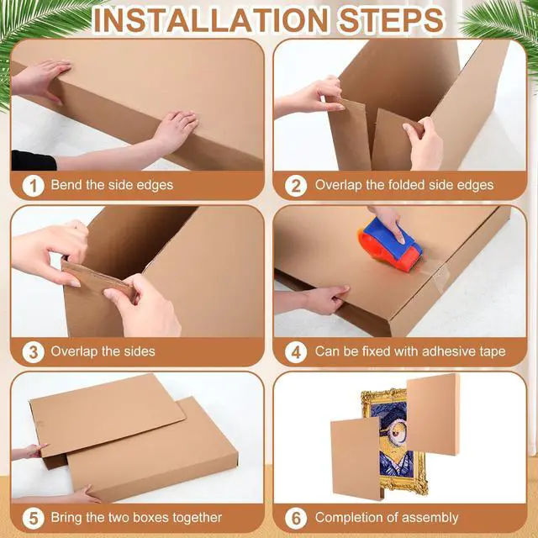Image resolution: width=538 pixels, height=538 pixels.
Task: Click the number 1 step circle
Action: tap(34, 186)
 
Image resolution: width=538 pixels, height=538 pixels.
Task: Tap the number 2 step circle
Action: tap(296, 186)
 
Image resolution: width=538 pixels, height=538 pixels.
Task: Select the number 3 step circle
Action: tap(34, 352)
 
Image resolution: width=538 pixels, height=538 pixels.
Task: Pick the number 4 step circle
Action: tap(296, 352)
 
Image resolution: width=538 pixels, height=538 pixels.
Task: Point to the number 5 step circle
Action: tap(34, 518)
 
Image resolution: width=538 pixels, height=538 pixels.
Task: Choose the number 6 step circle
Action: tap(296, 518)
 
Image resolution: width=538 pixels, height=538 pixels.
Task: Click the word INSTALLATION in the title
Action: tap(211, 20)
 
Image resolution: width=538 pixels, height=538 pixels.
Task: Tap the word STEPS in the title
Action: tap(391, 20)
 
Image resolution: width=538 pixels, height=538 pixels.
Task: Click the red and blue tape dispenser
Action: tap(390, 245)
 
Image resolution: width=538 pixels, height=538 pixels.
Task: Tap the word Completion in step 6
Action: tap(346, 518)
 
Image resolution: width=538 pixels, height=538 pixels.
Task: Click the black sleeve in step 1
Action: tap(34, 161)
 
